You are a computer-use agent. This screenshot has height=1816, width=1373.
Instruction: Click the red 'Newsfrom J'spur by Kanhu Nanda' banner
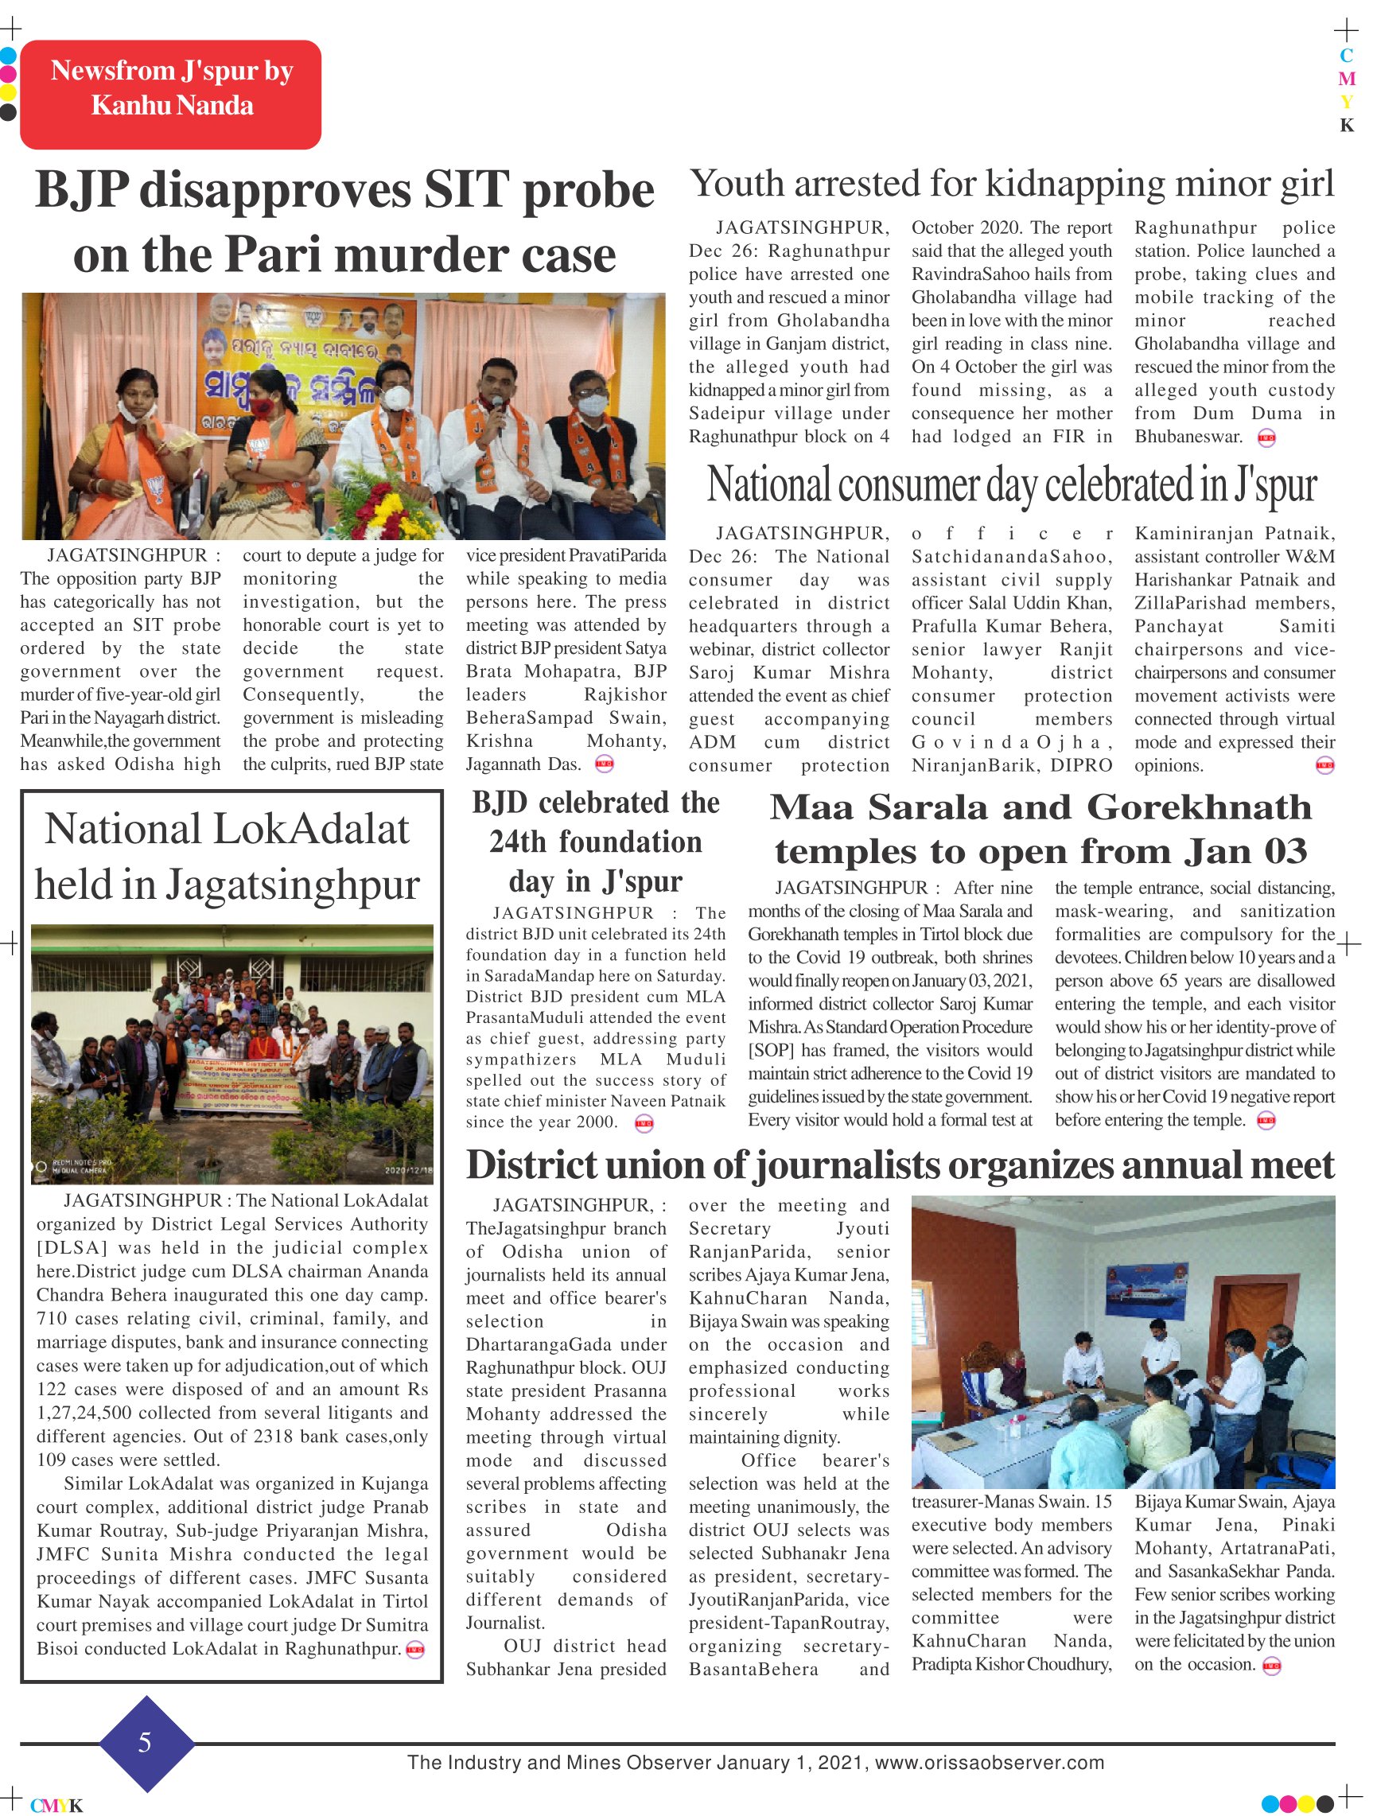click(x=171, y=94)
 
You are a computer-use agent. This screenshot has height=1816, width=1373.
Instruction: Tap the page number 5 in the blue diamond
click(x=146, y=1742)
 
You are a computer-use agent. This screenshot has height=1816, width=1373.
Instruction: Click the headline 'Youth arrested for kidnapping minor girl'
click(x=1012, y=184)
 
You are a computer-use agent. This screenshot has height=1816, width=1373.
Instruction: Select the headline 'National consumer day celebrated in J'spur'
click(x=1012, y=485)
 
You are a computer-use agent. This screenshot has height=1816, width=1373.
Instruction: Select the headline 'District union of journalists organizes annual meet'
click(x=900, y=1166)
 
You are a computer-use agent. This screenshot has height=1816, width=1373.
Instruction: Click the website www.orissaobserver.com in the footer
click(x=990, y=1763)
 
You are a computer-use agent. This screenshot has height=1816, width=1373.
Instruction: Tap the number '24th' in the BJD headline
click(x=517, y=842)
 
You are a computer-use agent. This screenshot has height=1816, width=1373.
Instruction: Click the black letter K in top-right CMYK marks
click(x=1347, y=126)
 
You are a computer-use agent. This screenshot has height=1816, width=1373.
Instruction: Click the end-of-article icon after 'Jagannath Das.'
click(x=604, y=764)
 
